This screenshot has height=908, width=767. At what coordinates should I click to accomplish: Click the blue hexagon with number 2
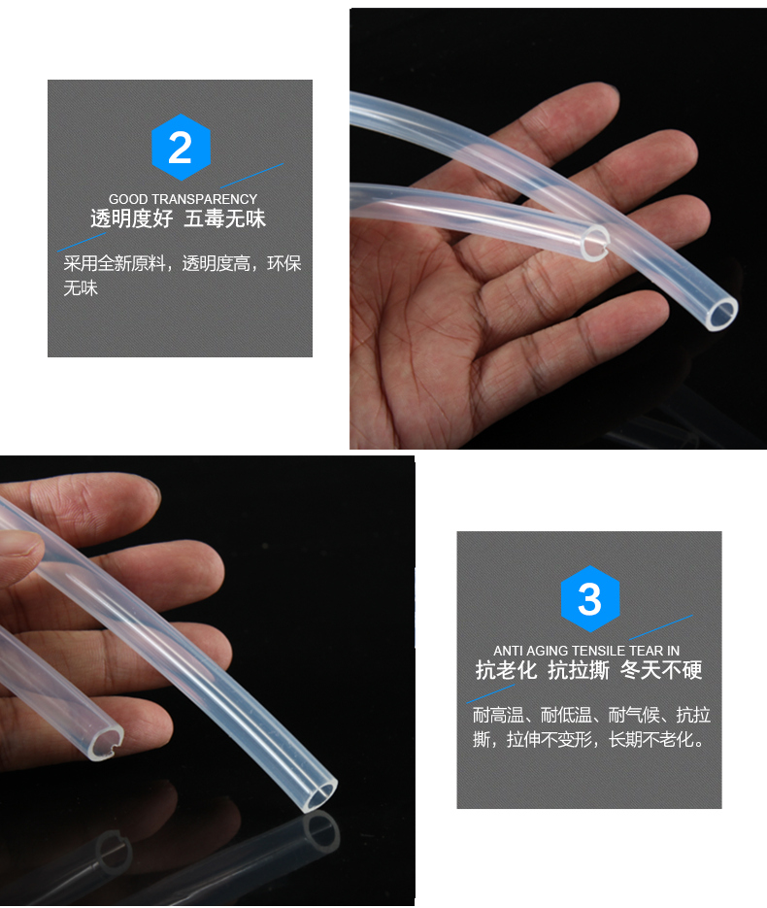(x=180, y=147)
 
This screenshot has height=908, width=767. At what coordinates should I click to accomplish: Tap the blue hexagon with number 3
(x=590, y=599)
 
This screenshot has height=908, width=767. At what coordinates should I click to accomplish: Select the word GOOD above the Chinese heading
(x=128, y=199)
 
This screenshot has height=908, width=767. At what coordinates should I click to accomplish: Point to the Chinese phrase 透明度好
(x=131, y=219)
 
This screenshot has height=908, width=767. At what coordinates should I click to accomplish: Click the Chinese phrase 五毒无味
(x=224, y=219)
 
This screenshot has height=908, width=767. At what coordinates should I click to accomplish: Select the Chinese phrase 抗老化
(x=506, y=670)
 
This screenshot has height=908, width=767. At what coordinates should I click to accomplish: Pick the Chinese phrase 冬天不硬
(x=661, y=670)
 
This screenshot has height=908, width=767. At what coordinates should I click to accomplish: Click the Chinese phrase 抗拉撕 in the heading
(x=579, y=670)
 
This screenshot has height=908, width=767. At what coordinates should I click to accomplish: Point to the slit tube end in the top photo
(x=595, y=242)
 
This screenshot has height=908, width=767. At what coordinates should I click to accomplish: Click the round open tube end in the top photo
(x=721, y=314)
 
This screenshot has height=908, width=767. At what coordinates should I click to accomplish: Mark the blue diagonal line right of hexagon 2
(x=252, y=176)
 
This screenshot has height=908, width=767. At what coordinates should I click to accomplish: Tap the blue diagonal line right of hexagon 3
(x=661, y=627)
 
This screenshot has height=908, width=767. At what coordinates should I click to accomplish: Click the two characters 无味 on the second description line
(x=81, y=288)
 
